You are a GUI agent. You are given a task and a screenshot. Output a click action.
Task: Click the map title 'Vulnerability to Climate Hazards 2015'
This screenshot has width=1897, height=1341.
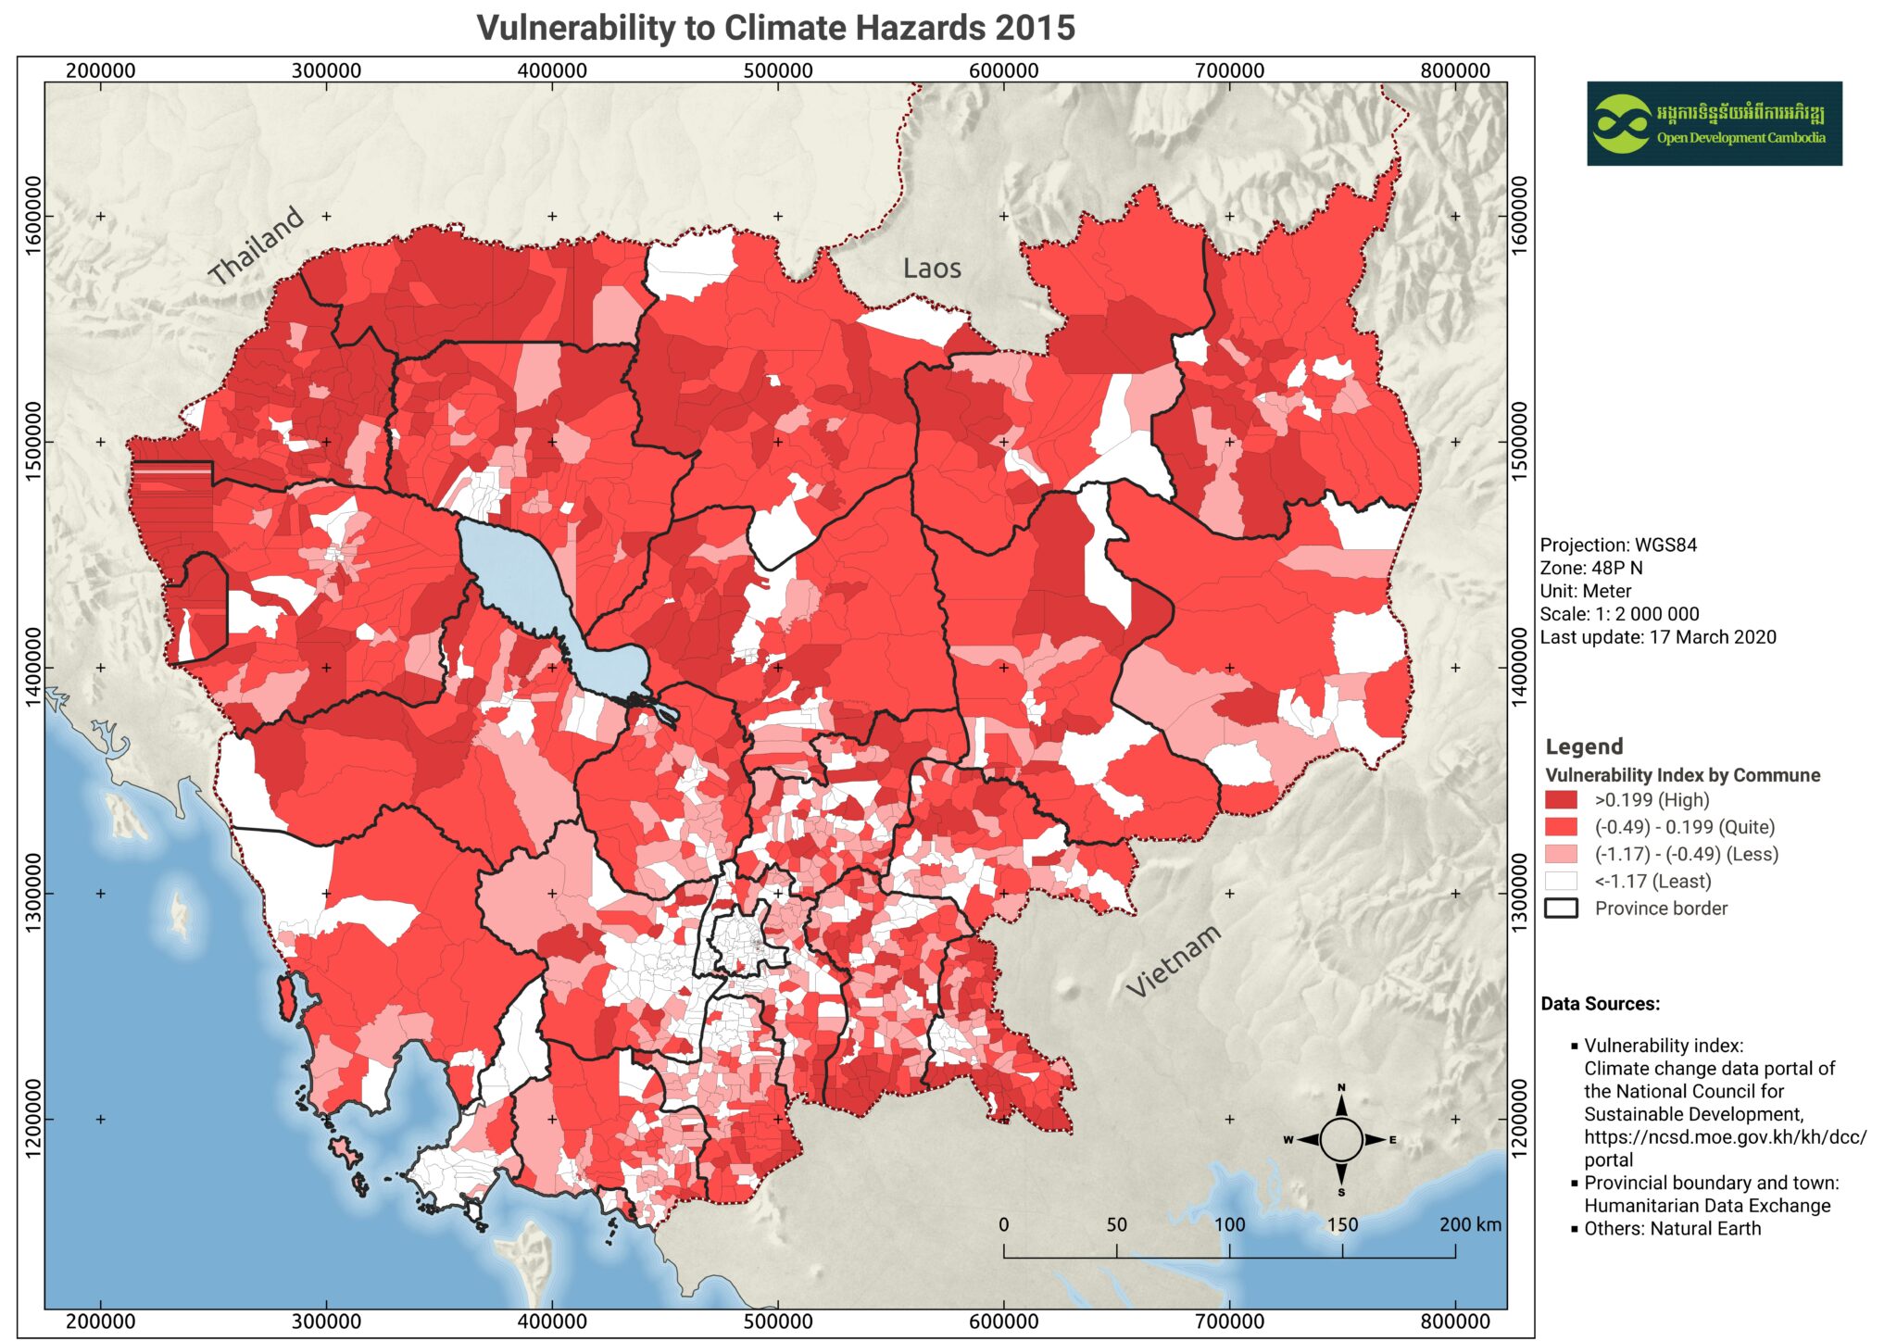(x=775, y=28)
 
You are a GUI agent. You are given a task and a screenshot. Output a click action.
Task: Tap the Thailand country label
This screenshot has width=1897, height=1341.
(x=256, y=245)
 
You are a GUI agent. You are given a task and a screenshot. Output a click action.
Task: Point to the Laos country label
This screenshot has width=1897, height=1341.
(x=932, y=269)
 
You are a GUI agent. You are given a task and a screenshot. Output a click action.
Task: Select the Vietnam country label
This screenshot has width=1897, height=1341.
(x=1174, y=961)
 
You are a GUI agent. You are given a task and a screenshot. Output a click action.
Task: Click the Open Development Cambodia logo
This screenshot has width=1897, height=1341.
(x=1714, y=123)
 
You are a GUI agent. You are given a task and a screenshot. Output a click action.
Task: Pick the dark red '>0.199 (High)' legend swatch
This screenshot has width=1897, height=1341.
(x=1561, y=800)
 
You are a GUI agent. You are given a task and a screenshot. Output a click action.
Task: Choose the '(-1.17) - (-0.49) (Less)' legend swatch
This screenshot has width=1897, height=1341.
(x=1561, y=854)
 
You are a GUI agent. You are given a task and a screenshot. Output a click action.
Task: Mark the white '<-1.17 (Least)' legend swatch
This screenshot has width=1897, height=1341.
(x=1561, y=882)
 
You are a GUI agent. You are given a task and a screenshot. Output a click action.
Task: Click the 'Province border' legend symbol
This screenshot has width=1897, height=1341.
(x=1561, y=909)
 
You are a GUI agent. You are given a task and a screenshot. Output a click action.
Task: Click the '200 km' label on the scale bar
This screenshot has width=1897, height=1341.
(x=1470, y=1224)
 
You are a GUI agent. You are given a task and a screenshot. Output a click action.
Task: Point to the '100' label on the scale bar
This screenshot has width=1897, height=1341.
(x=1229, y=1224)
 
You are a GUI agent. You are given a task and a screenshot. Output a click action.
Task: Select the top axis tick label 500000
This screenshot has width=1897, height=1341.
(x=778, y=70)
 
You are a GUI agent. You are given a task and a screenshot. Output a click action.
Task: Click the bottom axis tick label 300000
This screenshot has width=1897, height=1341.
(x=326, y=1322)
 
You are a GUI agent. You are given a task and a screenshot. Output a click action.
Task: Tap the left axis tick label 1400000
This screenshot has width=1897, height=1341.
(x=31, y=667)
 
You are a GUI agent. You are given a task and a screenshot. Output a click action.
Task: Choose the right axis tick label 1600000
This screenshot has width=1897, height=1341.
(x=1519, y=216)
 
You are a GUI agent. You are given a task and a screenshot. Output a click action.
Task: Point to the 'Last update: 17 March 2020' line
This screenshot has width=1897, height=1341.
(x=1658, y=637)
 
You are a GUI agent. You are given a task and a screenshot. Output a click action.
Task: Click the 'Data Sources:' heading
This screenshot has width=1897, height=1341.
(x=1600, y=1004)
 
